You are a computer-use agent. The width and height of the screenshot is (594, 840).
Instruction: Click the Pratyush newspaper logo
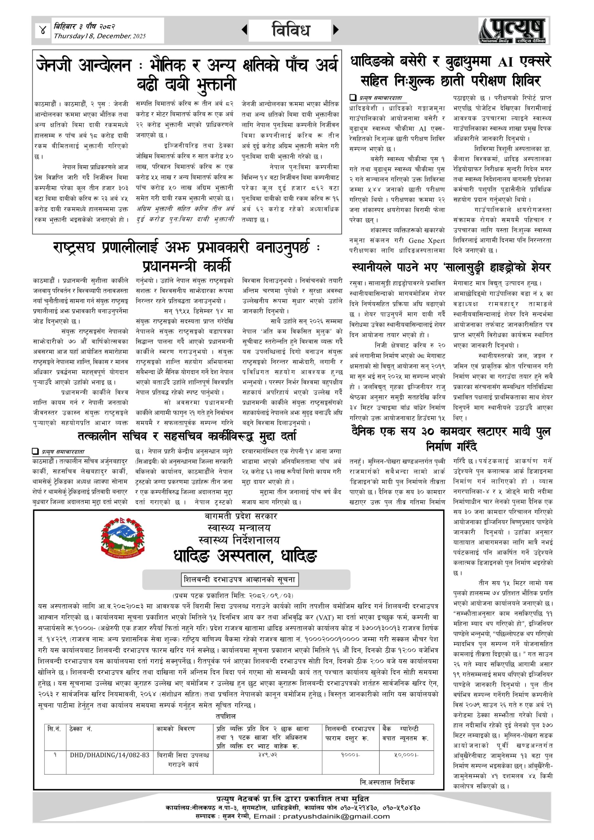coord(514,31)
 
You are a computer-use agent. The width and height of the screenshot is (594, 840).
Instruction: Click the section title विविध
coord(291,30)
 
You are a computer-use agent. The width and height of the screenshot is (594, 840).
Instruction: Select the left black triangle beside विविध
coord(244,30)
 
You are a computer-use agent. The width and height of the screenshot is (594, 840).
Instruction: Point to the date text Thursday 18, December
coord(99,36)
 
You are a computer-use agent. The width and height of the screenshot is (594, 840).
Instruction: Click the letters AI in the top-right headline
coord(506,63)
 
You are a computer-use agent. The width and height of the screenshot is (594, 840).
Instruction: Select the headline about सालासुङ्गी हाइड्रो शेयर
coord(451,267)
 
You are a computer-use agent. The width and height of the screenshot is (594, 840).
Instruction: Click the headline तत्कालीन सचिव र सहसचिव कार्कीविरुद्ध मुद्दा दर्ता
coord(187,436)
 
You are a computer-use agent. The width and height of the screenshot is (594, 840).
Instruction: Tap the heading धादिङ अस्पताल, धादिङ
coord(245,556)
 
